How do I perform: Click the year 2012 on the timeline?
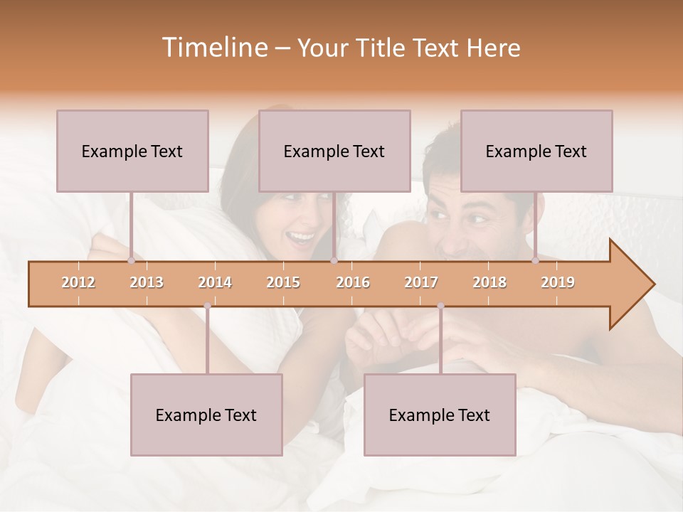[x=78, y=282]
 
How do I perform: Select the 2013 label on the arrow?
[x=147, y=282]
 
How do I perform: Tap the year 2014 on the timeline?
[x=215, y=282]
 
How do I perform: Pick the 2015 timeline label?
[x=283, y=282]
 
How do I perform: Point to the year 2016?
[x=353, y=282]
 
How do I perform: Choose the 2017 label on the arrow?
[x=421, y=282]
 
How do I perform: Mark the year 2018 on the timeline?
[x=489, y=282]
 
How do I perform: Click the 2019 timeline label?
[x=558, y=282]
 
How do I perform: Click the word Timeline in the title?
[x=213, y=48]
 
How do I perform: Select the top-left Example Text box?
[x=132, y=151]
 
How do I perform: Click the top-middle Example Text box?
[x=334, y=151]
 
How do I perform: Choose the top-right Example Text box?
[x=536, y=151]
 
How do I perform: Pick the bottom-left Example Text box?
[x=206, y=415]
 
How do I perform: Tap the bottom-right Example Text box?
[x=440, y=415]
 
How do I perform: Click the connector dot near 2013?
[x=131, y=261]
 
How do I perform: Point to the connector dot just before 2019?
[x=536, y=261]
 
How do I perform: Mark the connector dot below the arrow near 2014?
[x=207, y=306]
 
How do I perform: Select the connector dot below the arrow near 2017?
[x=440, y=306]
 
